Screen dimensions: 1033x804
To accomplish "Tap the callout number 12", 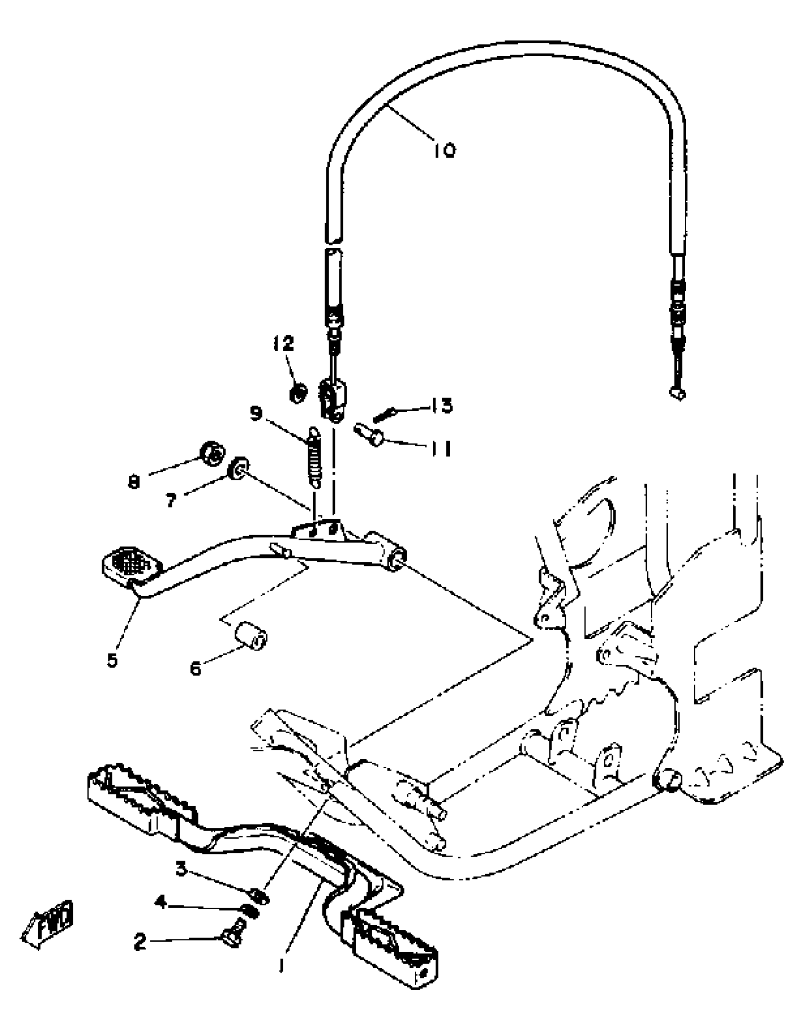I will [283, 344].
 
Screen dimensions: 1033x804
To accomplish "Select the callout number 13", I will [441, 406].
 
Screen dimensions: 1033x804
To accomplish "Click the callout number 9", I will [256, 413].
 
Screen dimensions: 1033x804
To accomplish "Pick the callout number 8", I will [134, 482].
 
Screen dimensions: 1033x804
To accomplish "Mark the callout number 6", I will [195, 668].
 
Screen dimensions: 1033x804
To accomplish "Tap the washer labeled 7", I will [239, 468].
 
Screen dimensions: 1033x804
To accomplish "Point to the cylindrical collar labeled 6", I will [252, 637].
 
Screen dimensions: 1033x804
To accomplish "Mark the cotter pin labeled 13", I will [384, 415].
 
